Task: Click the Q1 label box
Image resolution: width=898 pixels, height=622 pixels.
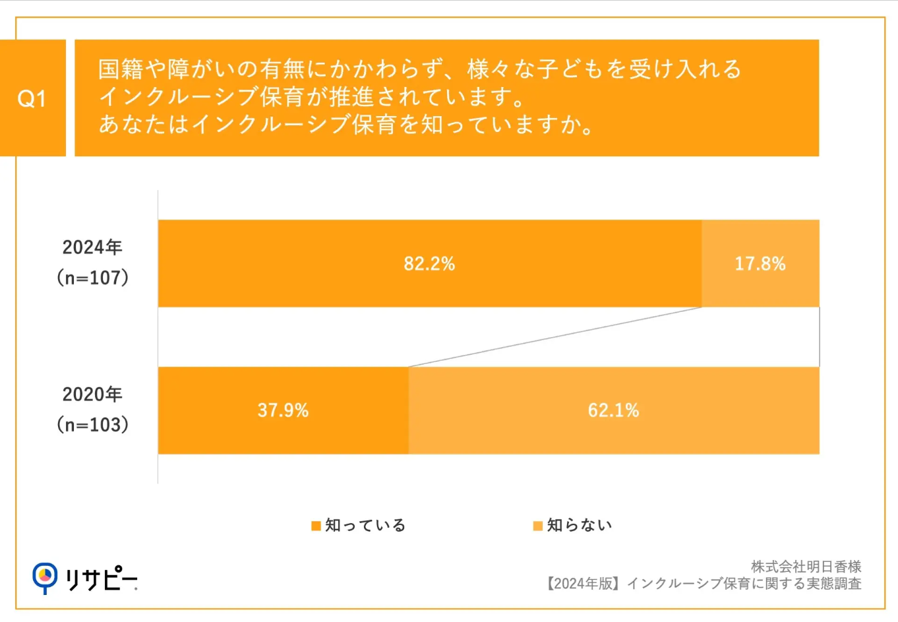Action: (x=32, y=98)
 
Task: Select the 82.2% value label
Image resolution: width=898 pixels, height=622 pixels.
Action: (x=429, y=264)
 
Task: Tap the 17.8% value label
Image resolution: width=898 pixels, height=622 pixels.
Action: (x=760, y=264)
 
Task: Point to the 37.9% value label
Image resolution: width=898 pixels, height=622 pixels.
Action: (x=283, y=410)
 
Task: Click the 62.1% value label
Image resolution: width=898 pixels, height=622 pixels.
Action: (x=613, y=410)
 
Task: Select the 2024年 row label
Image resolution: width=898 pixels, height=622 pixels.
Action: (x=92, y=247)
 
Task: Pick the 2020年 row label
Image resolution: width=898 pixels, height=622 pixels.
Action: (x=92, y=394)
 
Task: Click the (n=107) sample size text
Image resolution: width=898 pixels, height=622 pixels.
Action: (x=92, y=278)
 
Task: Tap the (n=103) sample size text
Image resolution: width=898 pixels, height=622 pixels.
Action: (x=92, y=425)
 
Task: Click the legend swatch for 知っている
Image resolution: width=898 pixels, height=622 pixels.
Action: (x=316, y=526)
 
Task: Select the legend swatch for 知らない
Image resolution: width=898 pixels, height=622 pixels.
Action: (x=537, y=526)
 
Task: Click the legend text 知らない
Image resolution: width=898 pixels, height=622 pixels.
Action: (x=580, y=525)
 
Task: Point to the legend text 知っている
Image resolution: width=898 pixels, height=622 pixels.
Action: (x=365, y=525)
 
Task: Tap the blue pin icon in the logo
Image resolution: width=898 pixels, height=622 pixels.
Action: (x=45, y=577)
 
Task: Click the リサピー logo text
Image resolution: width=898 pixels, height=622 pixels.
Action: (x=100, y=578)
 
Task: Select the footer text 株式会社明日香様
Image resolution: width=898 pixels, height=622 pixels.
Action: (x=806, y=567)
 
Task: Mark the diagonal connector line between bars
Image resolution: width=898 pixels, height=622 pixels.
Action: (x=555, y=337)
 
